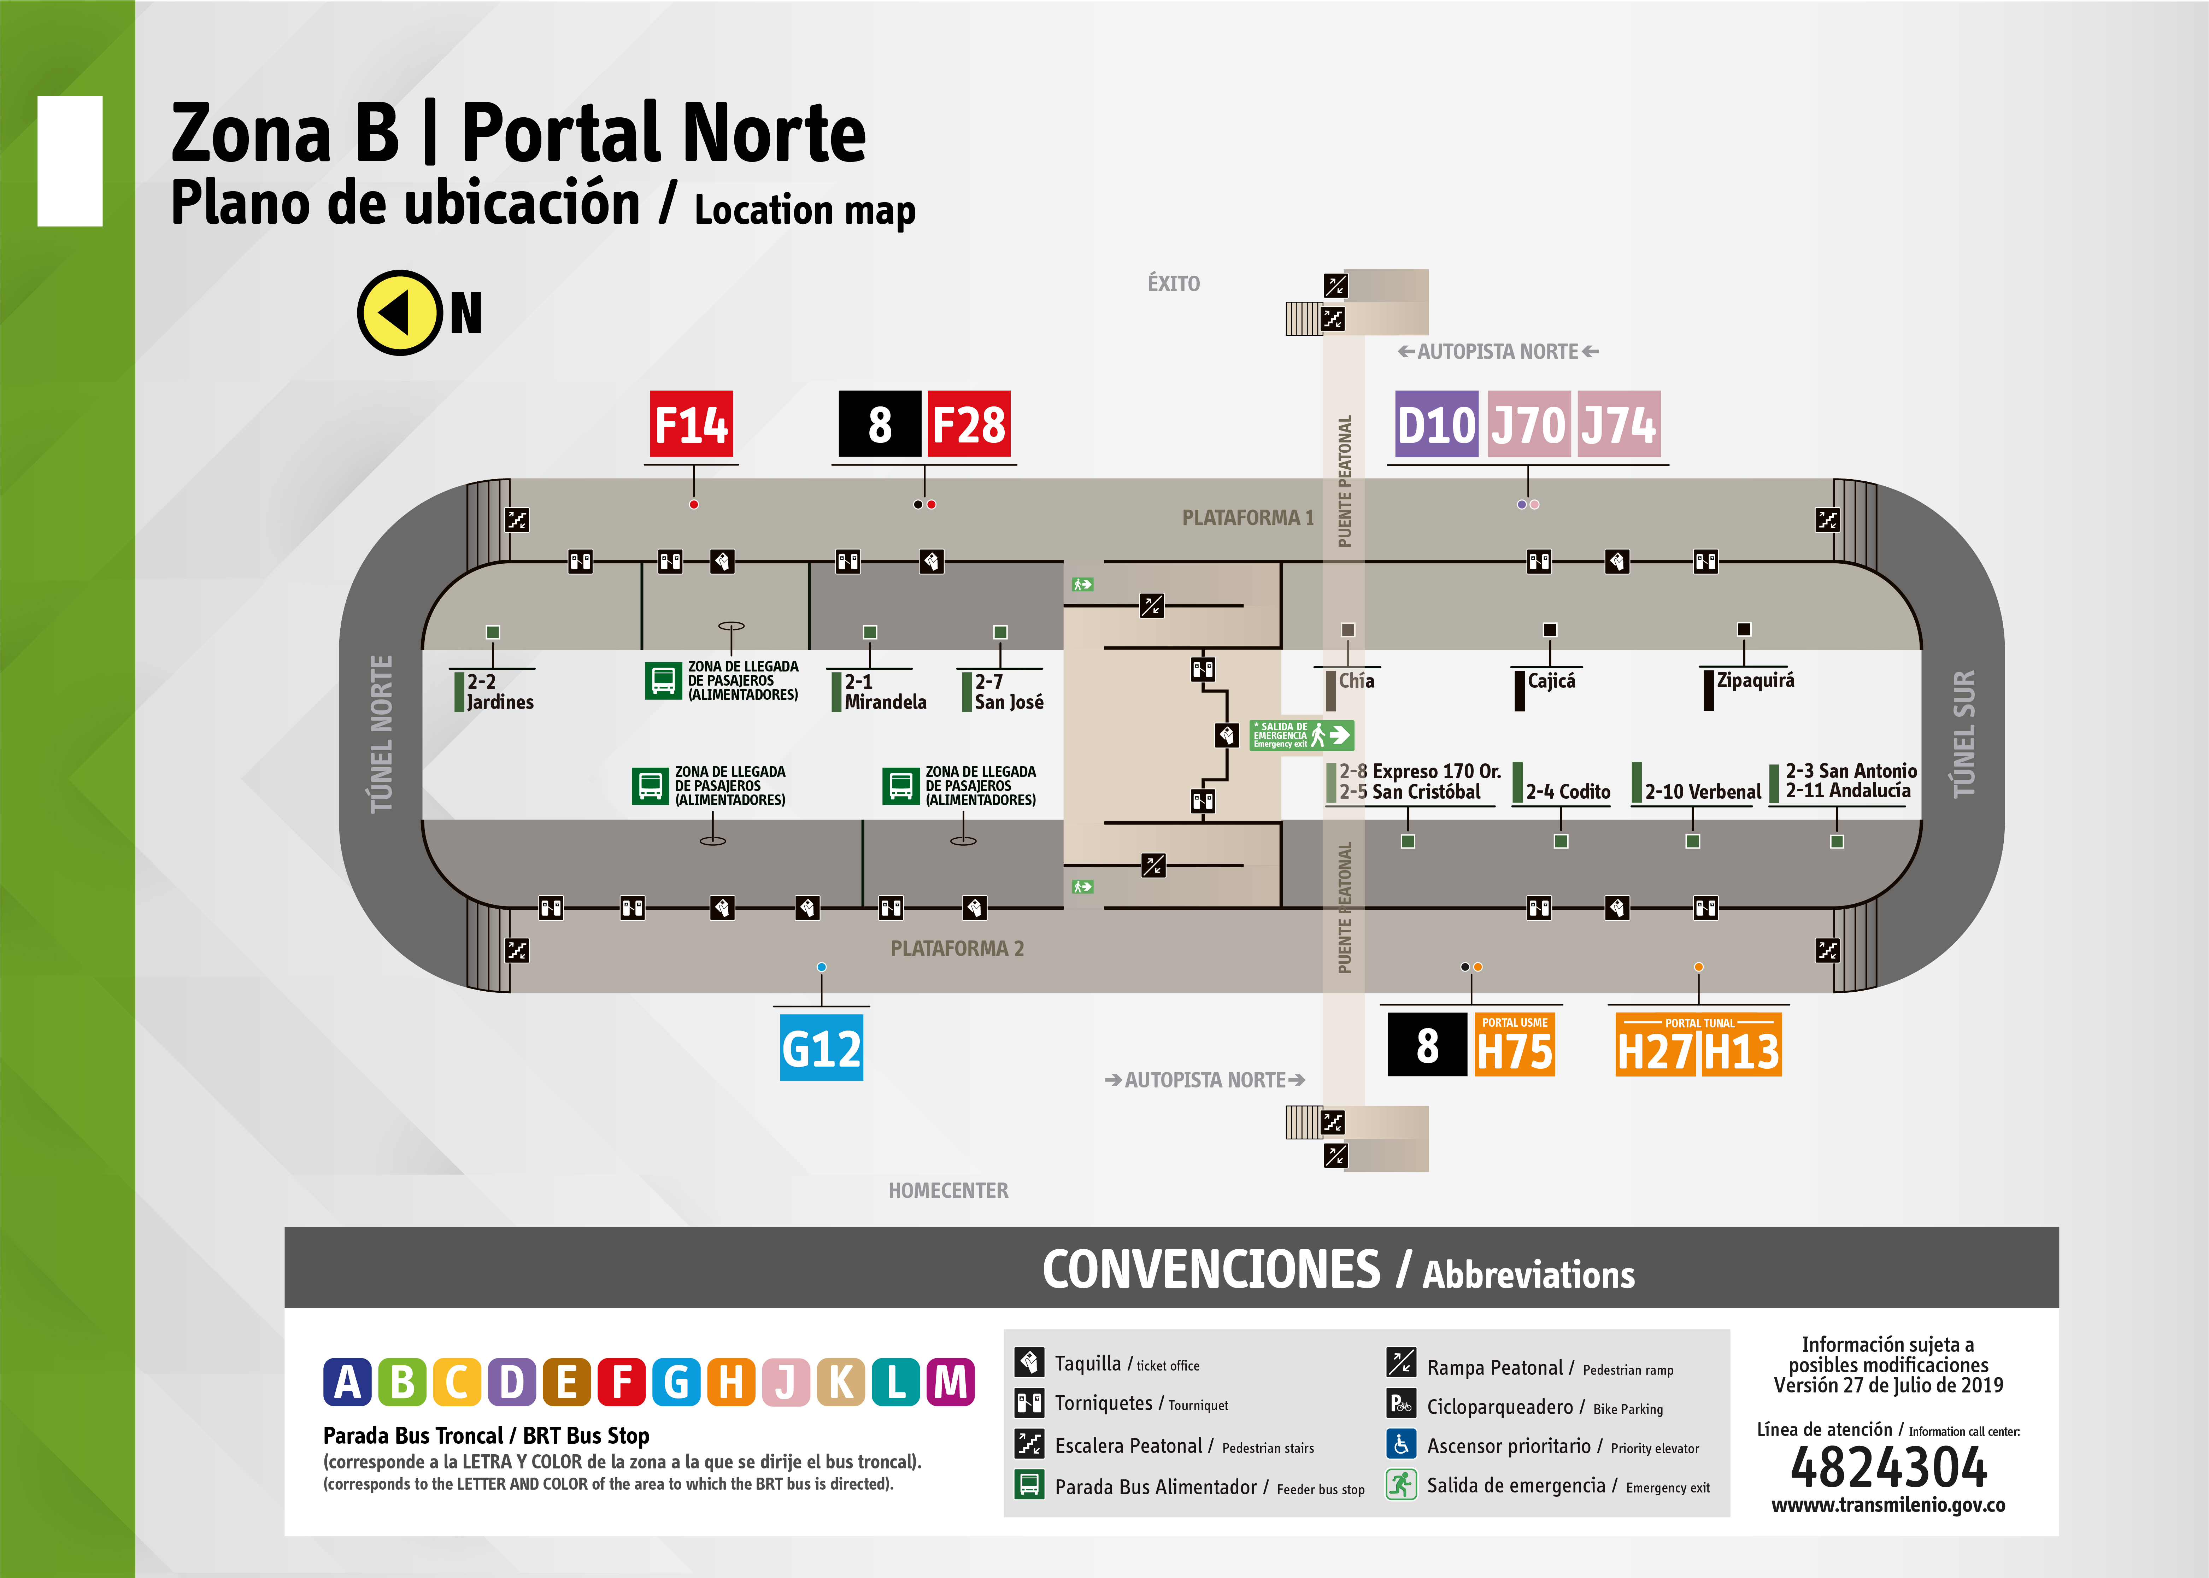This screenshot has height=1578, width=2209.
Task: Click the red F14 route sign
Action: (691, 424)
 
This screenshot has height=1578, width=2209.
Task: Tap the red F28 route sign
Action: (969, 424)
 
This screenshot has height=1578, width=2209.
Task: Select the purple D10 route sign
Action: (1436, 424)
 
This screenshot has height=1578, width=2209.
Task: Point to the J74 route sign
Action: (1618, 424)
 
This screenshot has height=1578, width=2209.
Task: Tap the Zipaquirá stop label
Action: (1755, 680)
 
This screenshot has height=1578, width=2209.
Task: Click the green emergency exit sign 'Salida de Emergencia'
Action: (1301, 735)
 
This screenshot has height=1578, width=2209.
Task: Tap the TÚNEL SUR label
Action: (1963, 734)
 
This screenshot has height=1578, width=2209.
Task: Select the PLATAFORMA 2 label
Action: (957, 948)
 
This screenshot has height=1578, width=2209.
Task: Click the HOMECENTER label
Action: (948, 1190)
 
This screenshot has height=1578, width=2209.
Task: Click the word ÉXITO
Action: (1174, 284)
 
